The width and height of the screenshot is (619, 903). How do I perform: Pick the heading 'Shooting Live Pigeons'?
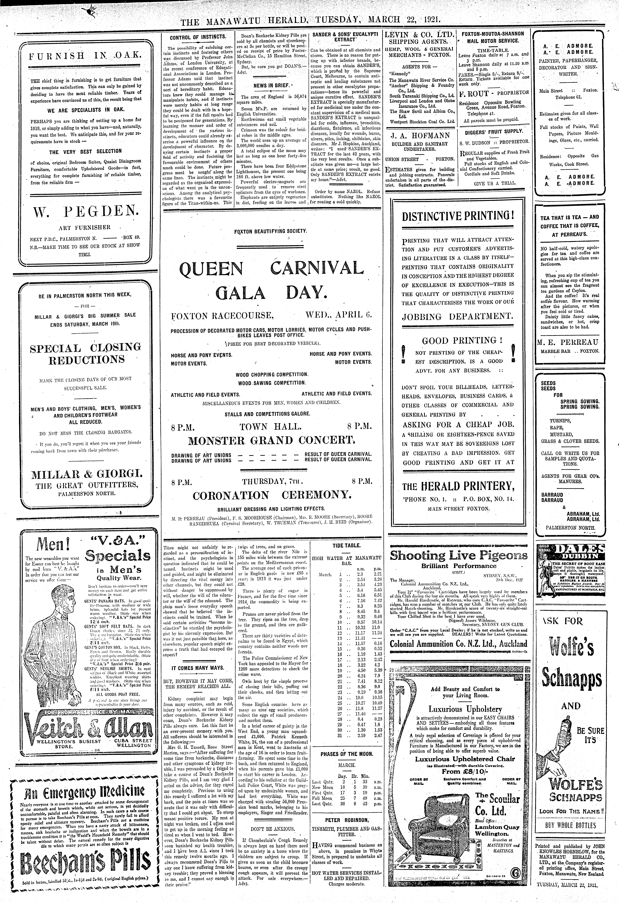pos(458,555)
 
